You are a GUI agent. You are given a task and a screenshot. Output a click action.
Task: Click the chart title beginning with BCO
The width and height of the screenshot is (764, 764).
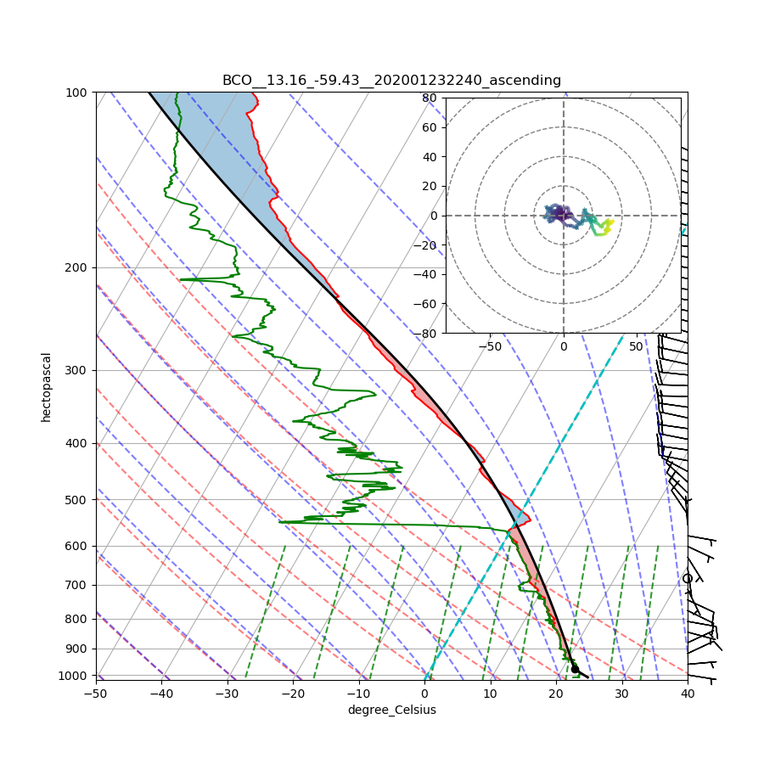tap(391, 81)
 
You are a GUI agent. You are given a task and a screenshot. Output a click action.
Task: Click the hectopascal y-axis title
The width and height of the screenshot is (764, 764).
tap(47, 386)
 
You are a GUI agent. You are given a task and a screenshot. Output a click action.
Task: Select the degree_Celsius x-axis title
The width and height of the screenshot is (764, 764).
tap(391, 710)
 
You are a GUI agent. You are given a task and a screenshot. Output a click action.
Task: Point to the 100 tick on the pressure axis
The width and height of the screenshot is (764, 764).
tap(78, 92)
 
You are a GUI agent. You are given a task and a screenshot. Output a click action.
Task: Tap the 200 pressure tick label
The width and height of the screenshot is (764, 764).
tap(78, 267)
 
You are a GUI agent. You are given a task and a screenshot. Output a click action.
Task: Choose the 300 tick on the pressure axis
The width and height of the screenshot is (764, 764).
tap(78, 370)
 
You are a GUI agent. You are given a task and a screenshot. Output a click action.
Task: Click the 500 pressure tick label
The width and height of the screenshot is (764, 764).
tap(78, 499)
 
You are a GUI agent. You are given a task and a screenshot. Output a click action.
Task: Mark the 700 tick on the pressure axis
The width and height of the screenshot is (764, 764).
tap(78, 585)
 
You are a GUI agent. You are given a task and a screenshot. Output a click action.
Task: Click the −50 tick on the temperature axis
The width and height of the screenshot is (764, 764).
tap(95, 694)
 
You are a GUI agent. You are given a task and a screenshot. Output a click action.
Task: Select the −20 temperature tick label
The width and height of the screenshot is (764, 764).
tap(293, 694)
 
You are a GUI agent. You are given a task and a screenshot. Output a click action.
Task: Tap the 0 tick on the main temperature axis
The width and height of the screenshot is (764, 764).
tap(424, 694)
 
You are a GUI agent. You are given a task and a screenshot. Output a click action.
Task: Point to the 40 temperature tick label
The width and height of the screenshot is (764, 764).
tap(688, 694)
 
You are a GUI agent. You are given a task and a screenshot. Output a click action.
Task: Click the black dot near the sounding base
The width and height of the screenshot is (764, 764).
tap(575, 669)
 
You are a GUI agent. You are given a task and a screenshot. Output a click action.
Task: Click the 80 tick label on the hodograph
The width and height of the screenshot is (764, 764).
tap(430, 98)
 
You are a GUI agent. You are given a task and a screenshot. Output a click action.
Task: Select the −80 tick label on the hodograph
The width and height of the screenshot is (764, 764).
tap(426, 334)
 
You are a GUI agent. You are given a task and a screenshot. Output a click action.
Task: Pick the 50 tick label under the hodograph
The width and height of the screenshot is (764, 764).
tap(636, 346)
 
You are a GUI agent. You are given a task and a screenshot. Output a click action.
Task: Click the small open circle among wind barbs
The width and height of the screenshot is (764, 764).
tap(688, 578)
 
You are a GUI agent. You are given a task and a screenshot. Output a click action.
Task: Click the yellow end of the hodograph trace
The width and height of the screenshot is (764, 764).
tap(610, 221)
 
